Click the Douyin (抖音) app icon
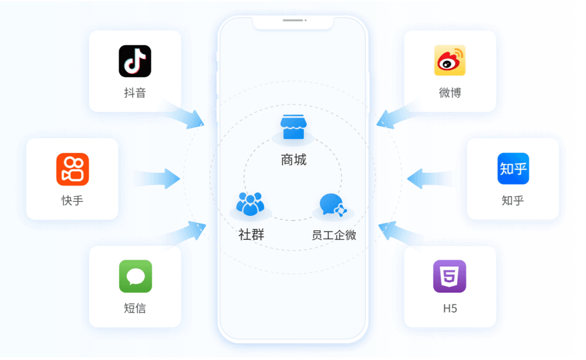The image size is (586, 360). (135, 61)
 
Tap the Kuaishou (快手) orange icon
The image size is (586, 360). (72, 169)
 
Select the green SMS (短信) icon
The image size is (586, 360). (135, 276)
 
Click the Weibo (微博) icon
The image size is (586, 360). (450, 61)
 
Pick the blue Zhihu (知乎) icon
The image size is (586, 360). (513, 169)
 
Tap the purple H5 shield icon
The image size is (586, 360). (450, 276)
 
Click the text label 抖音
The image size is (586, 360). (135, 93)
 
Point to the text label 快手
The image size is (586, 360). (72, 201)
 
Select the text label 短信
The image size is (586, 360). (135, 308)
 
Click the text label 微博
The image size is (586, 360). (450, 93)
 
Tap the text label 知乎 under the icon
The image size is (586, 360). (513, 201)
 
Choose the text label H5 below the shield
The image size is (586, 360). (450, 308)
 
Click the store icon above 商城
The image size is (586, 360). (293, 128)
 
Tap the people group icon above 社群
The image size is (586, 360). (250, 204)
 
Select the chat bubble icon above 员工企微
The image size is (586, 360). (333, 204)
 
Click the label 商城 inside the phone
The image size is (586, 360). (294, 160)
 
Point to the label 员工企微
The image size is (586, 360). (333, 235)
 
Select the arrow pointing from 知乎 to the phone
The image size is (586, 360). (427, 179)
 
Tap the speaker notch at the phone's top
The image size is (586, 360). (293, 21)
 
